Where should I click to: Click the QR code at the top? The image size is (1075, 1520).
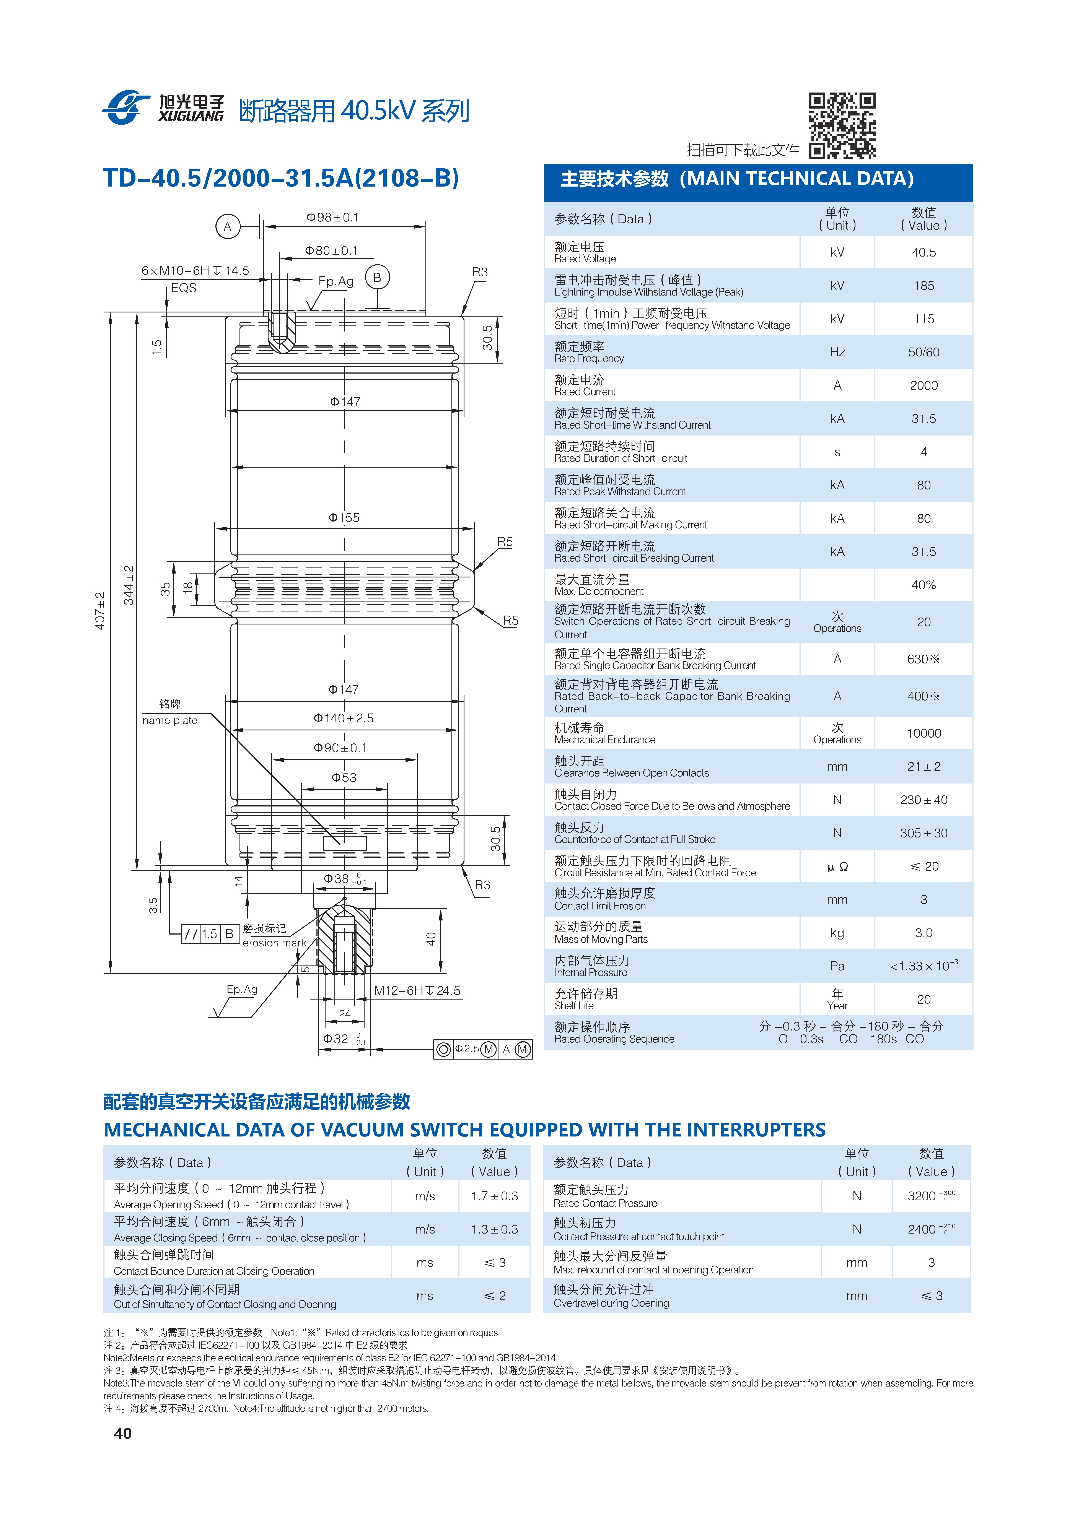click(842, 126)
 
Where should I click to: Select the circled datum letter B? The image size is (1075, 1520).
click(377, 277)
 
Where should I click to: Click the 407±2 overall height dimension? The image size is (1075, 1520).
click(100, 610)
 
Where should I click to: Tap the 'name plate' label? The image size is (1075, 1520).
click(169, 720)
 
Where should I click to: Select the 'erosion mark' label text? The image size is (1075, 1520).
click(274, 943)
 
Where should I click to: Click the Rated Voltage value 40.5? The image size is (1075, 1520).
click(923, 252)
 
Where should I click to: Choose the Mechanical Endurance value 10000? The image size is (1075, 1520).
click(923, 733)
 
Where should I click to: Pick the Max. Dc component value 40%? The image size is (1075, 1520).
click(923, 585)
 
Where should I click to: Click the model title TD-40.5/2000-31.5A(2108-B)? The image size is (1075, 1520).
click(281, 178)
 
